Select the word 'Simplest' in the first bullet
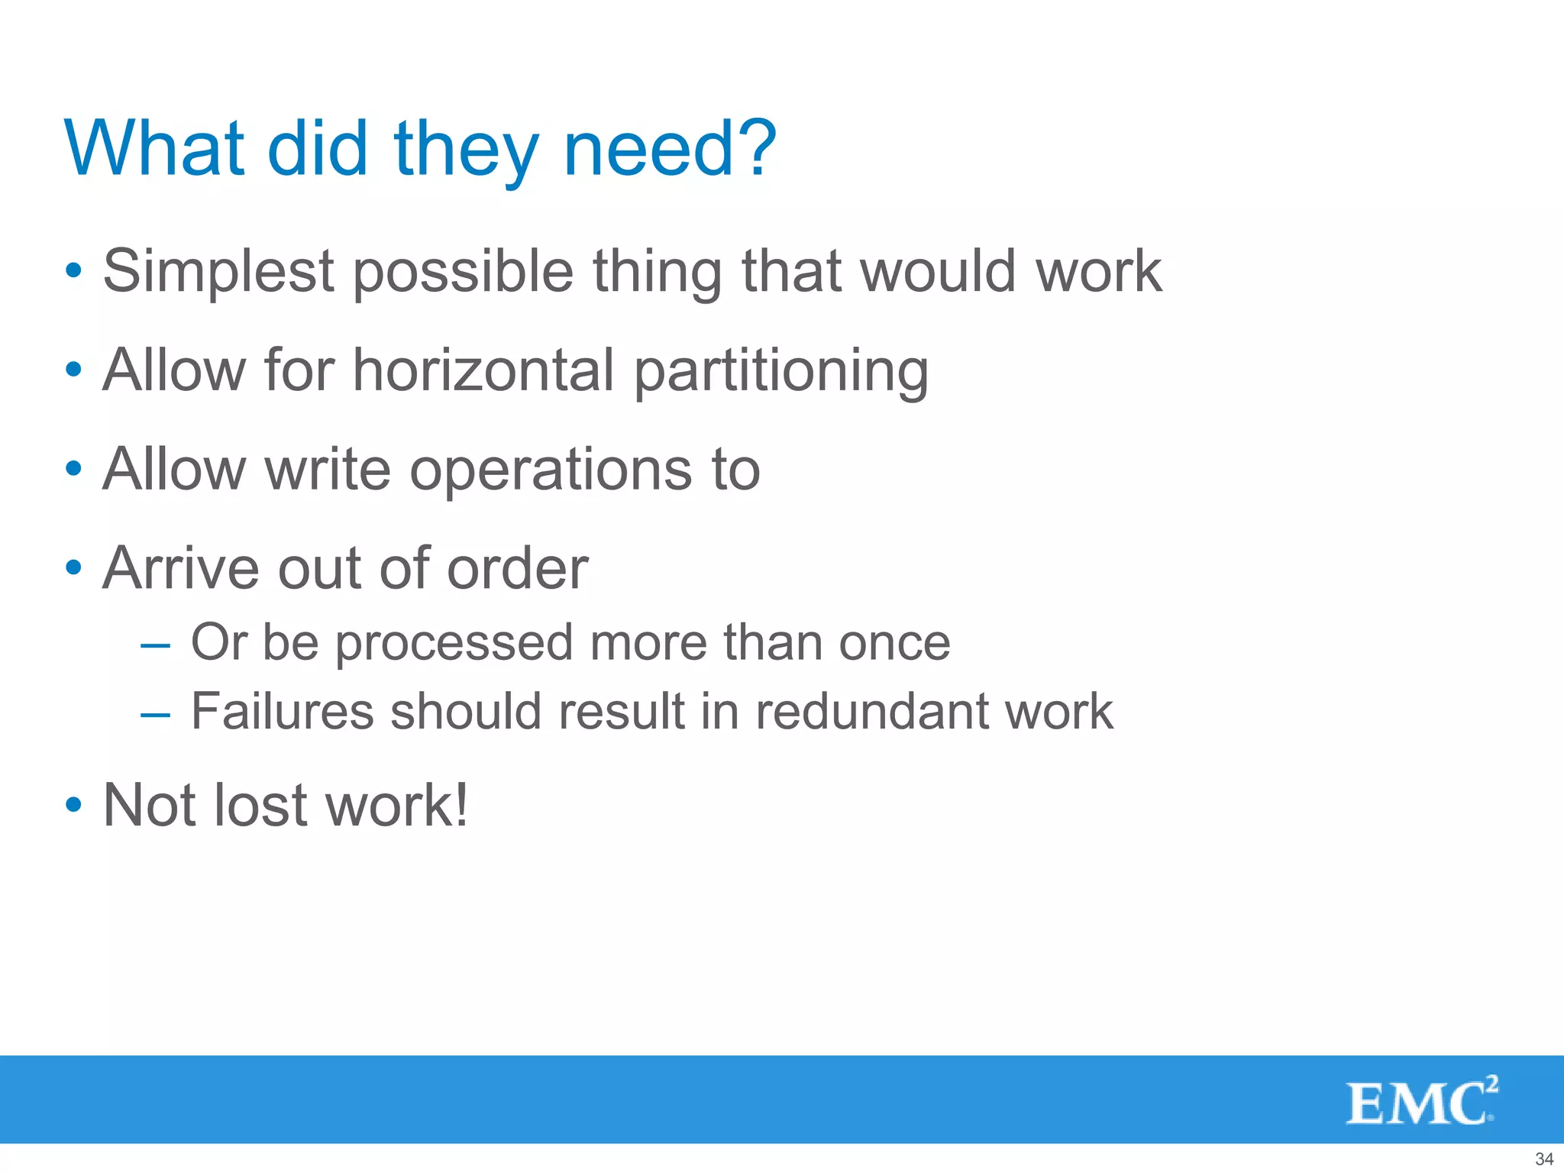218,272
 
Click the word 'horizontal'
483,370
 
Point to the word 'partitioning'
781,372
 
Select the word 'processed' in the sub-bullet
454,643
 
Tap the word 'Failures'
282,712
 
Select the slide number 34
1544,1158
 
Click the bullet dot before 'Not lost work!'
73,806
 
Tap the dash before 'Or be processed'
155,645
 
